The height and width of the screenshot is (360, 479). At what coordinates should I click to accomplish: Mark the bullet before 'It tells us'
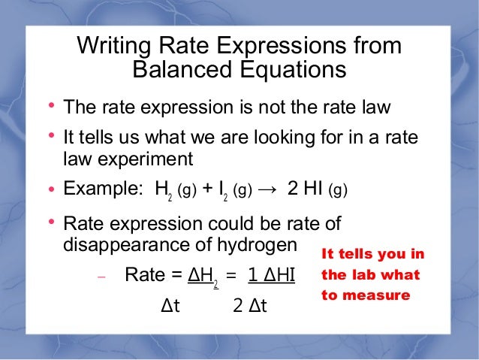52,136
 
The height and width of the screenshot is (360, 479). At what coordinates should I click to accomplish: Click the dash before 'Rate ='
102,277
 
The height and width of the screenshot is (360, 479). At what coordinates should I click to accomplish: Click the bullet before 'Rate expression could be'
52,222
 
